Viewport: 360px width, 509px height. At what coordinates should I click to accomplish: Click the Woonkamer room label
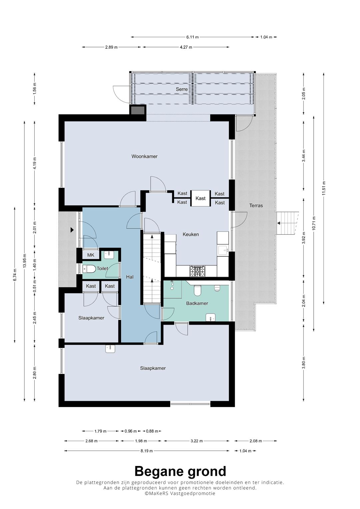(x=144, y=156)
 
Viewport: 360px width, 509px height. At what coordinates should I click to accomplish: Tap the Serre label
(x=182, y=89)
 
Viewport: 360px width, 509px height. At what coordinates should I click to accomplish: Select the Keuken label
(x=191, y=234)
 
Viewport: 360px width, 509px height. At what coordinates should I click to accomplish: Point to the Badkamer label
(x=197, y=303)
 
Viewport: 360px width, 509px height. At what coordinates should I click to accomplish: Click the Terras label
(x=256, y=205)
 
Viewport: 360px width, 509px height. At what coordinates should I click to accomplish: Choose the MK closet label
(x=91, y=255)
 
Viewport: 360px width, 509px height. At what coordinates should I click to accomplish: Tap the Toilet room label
(x=102, y=268)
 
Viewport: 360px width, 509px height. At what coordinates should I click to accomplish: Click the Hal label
(x=130, y=277)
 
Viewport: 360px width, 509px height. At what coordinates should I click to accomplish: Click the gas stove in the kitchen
(x=197, y=271)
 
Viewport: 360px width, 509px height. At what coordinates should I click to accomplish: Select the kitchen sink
(x=223, y=250)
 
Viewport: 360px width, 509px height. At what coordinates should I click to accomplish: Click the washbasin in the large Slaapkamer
(x=110, y=349)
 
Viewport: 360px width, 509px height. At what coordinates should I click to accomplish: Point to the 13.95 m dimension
(x=25, y=261)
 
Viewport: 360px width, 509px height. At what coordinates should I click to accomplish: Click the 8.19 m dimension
(x=147, y=451)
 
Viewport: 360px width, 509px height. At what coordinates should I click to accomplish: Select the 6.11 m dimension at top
(x=193, y=37)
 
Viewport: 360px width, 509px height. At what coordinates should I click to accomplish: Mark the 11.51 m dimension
(x=324, y=188)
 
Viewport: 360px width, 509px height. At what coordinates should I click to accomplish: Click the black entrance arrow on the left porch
(x=72, y=230)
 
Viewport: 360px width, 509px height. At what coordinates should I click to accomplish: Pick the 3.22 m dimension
(x=196, y=441)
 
